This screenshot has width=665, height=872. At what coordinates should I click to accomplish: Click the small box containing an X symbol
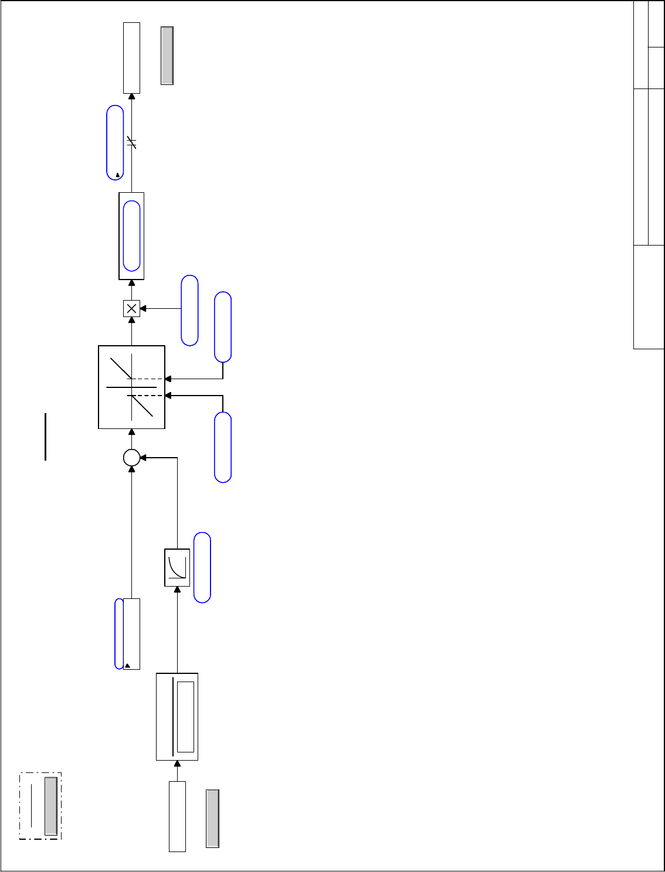coord(131,308)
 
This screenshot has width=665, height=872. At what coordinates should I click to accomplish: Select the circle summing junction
coord(131,458)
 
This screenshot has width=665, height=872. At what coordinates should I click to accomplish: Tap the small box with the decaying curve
coord(177,567)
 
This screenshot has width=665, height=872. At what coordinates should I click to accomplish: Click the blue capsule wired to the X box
coord(189,310)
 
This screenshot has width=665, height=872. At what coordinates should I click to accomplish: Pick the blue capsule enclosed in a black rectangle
coord(132,236)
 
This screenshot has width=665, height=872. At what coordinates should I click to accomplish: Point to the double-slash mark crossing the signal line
coord(131,142)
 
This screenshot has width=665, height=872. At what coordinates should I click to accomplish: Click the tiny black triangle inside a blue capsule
coord(118,175)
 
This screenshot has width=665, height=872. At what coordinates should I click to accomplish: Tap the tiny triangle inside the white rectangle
coord(127,666)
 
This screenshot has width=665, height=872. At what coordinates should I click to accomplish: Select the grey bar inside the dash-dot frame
coord(51,806)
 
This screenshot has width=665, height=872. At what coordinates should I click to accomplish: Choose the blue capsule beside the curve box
coord(202,567)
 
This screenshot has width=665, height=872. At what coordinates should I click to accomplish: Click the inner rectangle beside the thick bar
coord(185,717)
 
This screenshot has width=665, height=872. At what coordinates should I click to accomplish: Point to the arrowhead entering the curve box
coord(177,589)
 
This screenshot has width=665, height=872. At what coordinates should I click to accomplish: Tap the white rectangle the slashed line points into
coord(131,57)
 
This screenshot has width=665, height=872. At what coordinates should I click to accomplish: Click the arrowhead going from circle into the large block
coord(131,432)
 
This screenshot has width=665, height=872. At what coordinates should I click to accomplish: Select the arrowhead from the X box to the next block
coord(131,283)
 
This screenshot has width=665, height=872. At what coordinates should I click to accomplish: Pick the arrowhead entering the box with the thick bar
coord(177,764)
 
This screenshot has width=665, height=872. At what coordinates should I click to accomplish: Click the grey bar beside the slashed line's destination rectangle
coord(167,56)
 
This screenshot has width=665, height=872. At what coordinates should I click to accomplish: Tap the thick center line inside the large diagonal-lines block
coord(131,387)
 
